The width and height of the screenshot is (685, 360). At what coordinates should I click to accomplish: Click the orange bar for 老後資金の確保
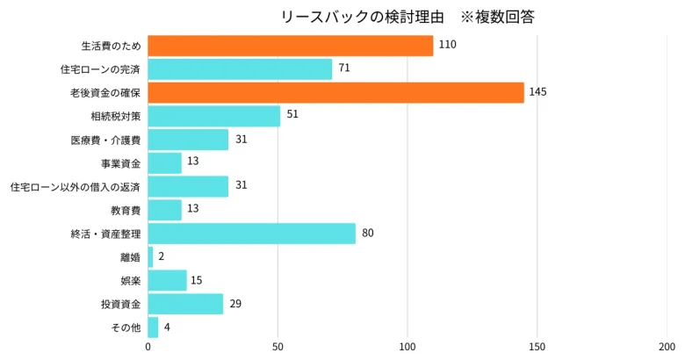pos(335,92)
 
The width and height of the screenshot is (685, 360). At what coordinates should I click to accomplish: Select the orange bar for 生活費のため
pos(290,46)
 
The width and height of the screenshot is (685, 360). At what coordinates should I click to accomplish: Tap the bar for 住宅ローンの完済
pos(240,69)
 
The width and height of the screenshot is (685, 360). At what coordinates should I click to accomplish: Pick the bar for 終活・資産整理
pos(251,234)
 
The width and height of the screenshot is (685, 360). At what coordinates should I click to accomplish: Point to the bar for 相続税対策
pos(213,116)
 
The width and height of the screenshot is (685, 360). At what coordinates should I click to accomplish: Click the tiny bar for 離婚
pos(150,256)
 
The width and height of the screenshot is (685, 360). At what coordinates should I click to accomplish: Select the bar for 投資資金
pos(185,304)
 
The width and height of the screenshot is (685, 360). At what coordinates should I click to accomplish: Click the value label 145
pos(538,92)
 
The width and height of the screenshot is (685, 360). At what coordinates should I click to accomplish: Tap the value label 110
pos(447,45)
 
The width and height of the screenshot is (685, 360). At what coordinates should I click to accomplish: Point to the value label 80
pos(368,234)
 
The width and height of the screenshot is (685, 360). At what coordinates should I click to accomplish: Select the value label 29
pos(235,304)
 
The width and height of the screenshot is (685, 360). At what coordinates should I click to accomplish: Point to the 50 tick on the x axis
pos(278,347)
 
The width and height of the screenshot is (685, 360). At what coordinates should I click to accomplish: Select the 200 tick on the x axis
pos(666,347)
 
